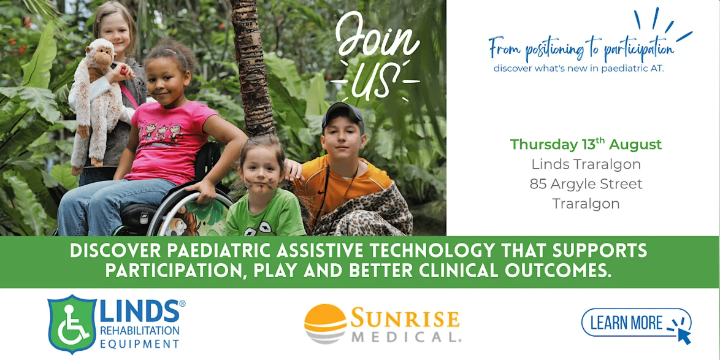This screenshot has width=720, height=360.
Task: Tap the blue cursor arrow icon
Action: tap(684, 335)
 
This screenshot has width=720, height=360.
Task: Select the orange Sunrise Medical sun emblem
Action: tap(325, 324)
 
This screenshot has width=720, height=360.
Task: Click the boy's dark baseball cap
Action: tap(342, 114)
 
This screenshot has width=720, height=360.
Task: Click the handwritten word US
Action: tap(375, 81)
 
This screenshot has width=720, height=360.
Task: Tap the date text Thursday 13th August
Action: tap(586, 144)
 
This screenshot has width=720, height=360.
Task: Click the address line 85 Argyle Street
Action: tap(586, 183)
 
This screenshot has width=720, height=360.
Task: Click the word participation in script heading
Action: tap(637, 49)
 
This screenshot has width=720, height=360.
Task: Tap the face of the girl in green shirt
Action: tap(260, 172)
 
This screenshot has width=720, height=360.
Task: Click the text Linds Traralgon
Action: tap(586, 164)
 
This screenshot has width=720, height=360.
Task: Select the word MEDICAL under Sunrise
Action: tap(407, 337)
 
